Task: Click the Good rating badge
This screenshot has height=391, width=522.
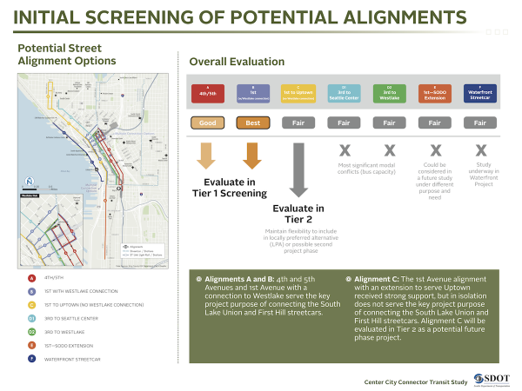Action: [x=206, y=123]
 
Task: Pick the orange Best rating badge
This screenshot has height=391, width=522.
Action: [x=252, y=123]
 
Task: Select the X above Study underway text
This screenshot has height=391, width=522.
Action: [x=481, y=150]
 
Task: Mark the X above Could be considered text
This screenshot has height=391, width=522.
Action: [x=436, y=150]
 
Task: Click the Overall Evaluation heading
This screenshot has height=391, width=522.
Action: [x=237, y=62]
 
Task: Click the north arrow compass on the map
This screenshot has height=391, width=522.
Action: [x=29, y=180]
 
